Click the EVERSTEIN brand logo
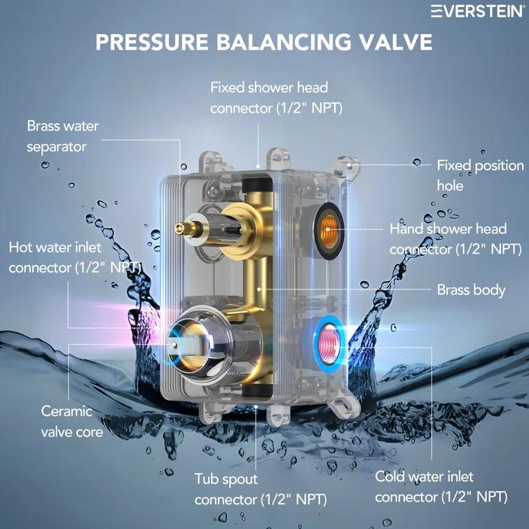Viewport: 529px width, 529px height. click(x=477, y=11)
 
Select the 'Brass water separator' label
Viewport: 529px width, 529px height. click(x=63, y=137)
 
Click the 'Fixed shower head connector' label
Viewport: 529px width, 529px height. click(x=269, y=98)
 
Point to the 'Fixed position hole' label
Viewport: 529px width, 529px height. click(x=480, y=175)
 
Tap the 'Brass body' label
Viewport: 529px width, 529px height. click(x=471, y=289)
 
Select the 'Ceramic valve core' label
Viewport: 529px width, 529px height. click(x=71, y=421)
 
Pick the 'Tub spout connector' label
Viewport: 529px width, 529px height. click(x=259, y=489)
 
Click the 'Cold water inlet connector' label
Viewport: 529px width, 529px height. click(x=441, y=486)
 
